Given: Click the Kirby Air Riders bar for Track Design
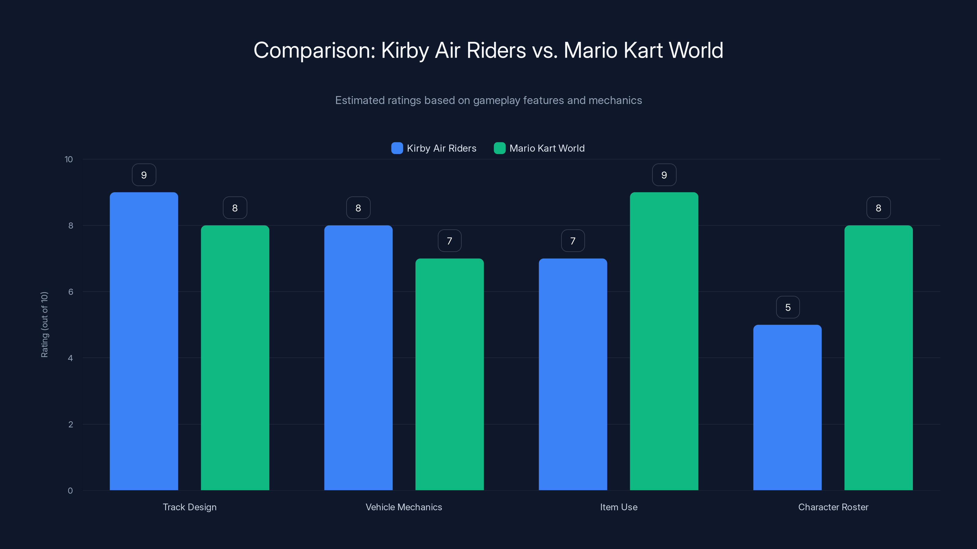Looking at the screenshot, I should [144, 341].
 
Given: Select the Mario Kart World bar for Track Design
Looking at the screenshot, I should [235, 358].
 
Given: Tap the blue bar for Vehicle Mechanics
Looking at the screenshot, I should [358, 358].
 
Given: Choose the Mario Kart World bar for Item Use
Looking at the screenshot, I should [664, 341].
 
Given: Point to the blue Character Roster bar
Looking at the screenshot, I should [787, 407].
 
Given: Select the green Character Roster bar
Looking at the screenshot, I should [878, 358].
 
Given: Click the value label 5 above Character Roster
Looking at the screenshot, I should [788, 307].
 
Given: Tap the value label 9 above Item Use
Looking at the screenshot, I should [664, 175].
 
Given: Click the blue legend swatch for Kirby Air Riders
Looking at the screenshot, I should [397, 148].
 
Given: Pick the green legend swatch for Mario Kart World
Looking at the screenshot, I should [499, 148].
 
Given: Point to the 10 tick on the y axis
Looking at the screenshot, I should [69, 160].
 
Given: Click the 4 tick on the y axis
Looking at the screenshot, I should [71, 358].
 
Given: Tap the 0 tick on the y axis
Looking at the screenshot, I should [71, 491].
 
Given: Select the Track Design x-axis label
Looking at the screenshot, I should [190, 507].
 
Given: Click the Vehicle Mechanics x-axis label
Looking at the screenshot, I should [404, 507].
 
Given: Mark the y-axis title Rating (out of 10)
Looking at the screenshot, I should [44, 325].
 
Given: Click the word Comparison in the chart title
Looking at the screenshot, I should [314, 50].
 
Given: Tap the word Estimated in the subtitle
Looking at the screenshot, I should [359, 100].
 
